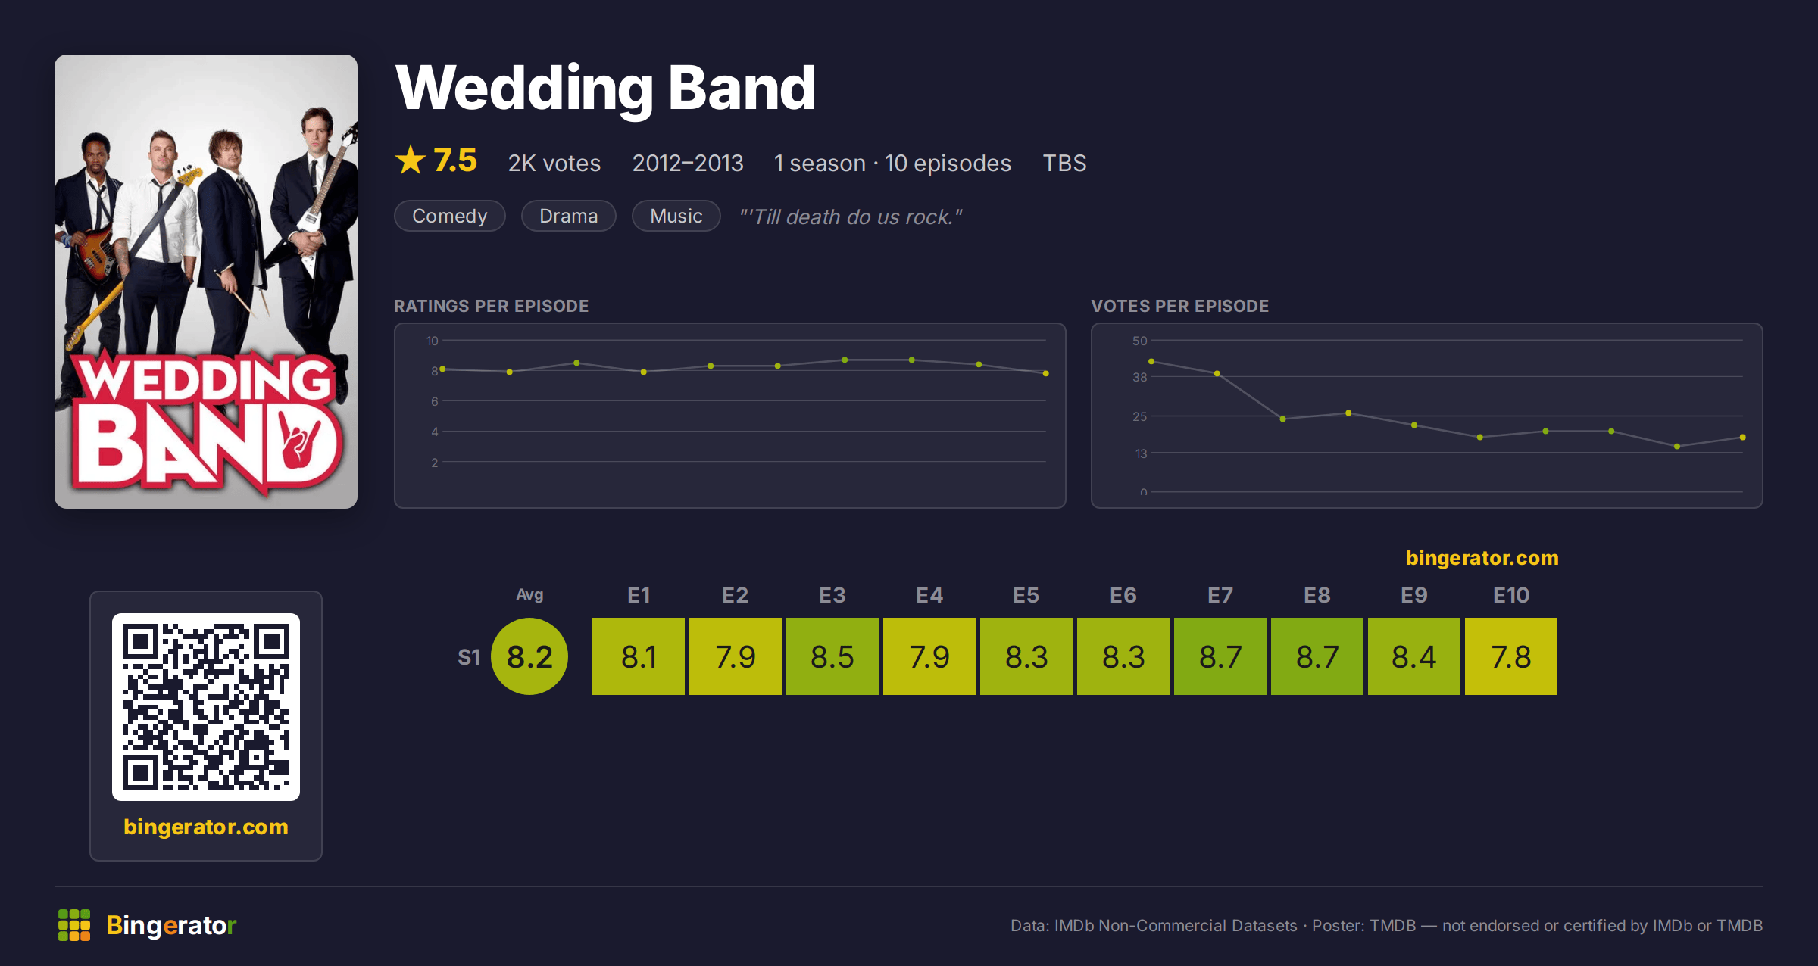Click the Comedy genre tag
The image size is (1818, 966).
click(x=450, y=216)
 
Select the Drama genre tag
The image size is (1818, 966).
click(x=568, y=216)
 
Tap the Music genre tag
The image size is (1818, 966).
click(x=676, y=216)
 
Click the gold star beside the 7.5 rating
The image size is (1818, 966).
click(x=411, y=160)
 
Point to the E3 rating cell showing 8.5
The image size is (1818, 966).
click(x=832, y=656)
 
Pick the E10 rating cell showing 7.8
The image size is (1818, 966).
click(x=1510, y=656)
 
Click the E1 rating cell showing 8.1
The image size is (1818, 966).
click(x=638, y=656)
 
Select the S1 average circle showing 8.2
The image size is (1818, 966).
click(x=529, y=656)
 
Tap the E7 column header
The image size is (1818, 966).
click(x=1220, y=595)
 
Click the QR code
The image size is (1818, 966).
click(x=206, y=707)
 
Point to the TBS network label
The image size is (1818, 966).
click(x=1064, y=163)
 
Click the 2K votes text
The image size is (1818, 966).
click(x=554, y=163)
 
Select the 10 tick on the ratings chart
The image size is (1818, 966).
click(x=432, y=341)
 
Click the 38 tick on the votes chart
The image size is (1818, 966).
click(x=1139, y=377)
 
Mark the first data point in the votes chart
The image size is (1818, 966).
click(x=1151, y=362)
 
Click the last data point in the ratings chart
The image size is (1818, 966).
click(x=1046, y=373)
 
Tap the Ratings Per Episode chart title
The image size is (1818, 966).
click(x=491, y=306)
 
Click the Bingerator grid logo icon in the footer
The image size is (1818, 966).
click(x=74, y=925)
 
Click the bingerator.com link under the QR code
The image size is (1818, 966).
click(x=206, y=827)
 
